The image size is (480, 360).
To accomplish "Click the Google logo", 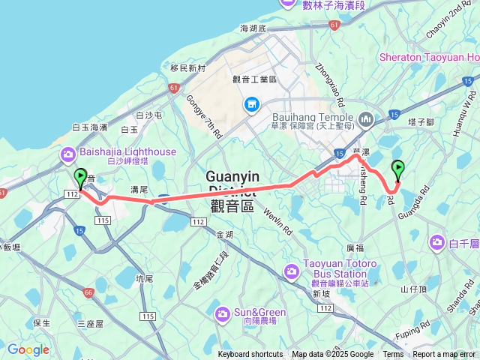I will coord(28,349).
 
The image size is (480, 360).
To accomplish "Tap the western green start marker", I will coord(80,178).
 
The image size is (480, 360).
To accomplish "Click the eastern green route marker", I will coord(397,169).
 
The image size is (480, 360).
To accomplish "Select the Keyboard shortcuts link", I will coord(250,355).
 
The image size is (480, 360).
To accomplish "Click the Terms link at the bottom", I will coord(393,355).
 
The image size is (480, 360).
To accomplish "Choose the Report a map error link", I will coord(445,355).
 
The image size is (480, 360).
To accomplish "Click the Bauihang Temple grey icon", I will coord(366,118).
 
